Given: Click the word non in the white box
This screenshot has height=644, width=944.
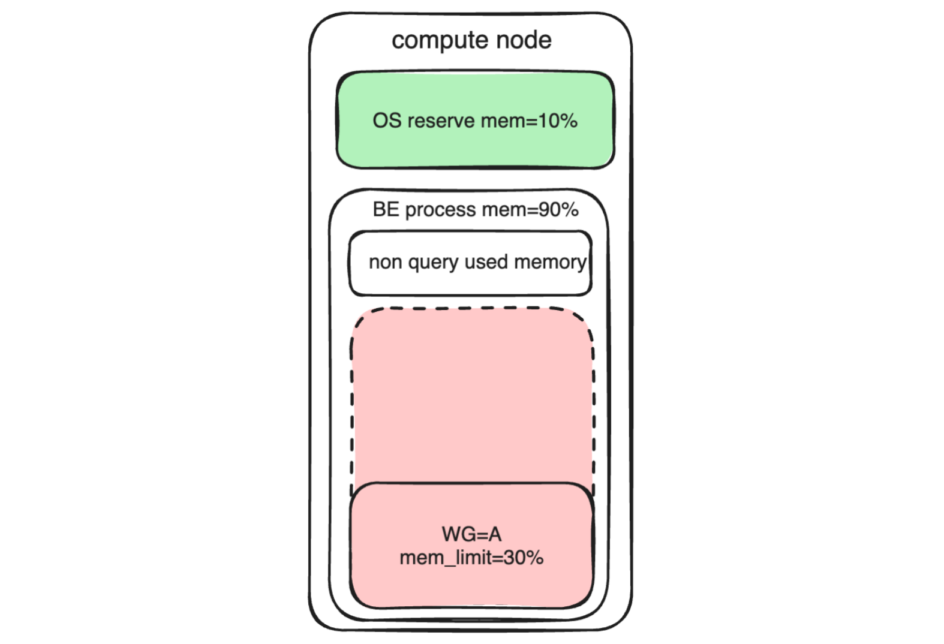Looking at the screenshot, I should [384, 262].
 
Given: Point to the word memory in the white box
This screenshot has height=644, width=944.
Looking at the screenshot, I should [550, 263].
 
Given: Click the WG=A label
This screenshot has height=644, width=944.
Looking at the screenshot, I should [471, 534].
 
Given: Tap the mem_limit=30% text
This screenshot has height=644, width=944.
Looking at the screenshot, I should [471, 558].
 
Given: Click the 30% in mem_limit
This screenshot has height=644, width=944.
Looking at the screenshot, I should [524, 558].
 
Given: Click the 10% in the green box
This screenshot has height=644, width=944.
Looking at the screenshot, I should [558, 121].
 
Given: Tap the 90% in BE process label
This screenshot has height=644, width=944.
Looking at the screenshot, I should [558, 209].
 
